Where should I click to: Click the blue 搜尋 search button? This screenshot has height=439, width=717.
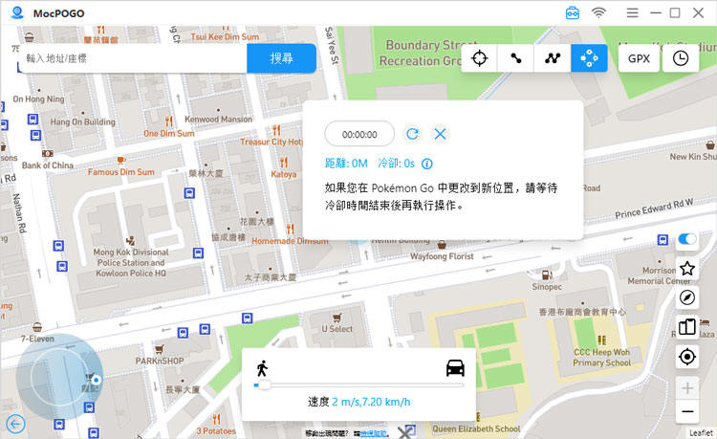click(x=281, y=58)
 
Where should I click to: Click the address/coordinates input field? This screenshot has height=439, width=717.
click(x=132, y=58)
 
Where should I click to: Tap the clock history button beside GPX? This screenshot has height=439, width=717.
click(x=680, y=58)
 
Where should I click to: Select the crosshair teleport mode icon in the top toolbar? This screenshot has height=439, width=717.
click(x=480, y=58)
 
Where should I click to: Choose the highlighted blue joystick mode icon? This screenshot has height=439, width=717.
click(x=589, y=58)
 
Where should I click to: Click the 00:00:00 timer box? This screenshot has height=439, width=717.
click(x=359, y=135)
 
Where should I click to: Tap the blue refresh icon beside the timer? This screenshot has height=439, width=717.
click(x=412, y=135)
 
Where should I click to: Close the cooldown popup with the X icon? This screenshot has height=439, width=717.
click(x=440, y=135)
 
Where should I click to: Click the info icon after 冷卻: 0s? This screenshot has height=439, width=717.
click(x=426, y=164)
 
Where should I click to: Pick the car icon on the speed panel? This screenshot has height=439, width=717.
click(x=454, y=367)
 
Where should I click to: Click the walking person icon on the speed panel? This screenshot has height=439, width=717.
click(x=262, y=367)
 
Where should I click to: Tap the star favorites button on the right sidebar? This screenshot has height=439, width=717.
click(x=686, y=269)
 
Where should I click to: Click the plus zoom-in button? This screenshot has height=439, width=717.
click(x=686, y=387)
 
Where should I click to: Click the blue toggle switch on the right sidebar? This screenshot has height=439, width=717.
click(x=686, y=239)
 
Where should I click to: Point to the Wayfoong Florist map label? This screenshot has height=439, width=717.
click(x=442, y=256)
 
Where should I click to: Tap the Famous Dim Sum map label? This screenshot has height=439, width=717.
click(x=120, y=172)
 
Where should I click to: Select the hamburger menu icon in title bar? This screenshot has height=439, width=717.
click(x=633, y=13)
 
